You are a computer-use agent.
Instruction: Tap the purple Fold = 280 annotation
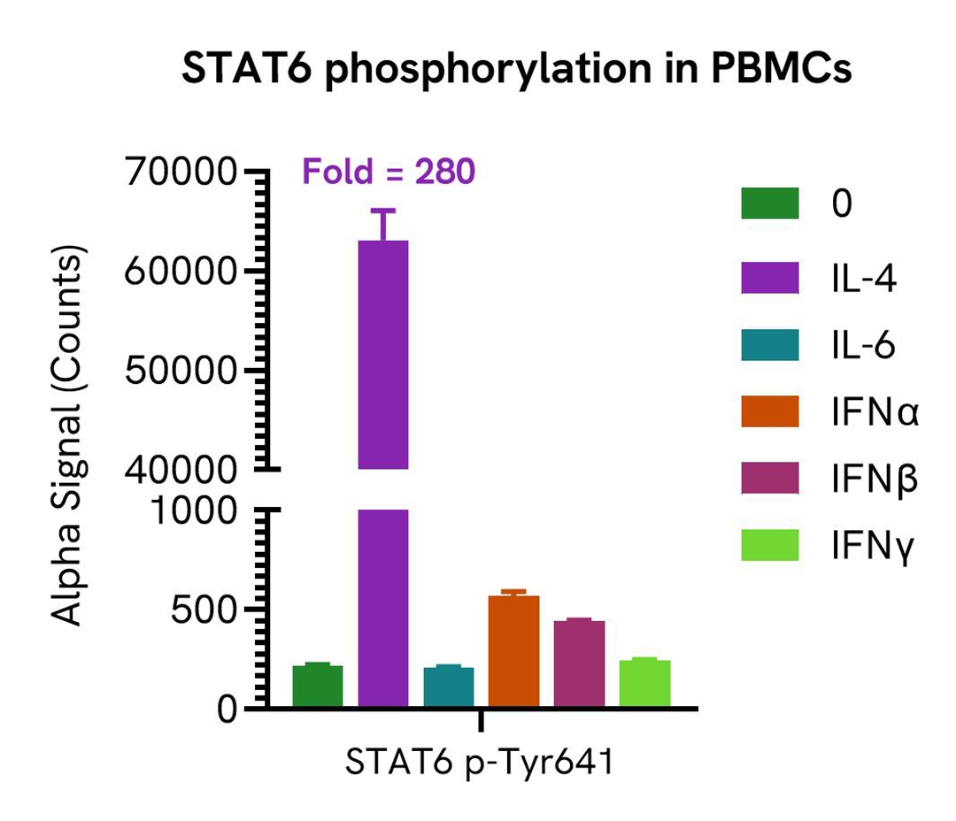(x=389, y=172)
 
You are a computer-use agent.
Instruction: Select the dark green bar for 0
(x=318, y=686)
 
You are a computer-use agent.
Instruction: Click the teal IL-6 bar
(x=449, y=687)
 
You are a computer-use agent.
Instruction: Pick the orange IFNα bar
(x=513, y=650)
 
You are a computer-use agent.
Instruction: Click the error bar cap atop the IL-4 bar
(x=383, y=211)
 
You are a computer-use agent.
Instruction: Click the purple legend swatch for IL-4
(x=770, y=276)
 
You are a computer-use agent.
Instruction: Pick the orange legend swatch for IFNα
(x=770, y=411)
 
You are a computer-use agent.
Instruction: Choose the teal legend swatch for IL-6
(x=770, y=344)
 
